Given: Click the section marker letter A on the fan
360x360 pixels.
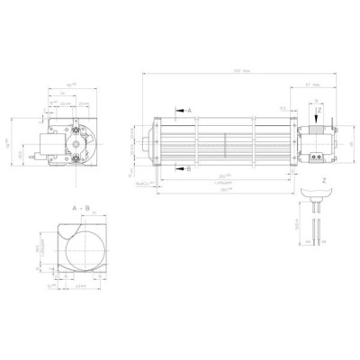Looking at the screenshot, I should coord(189,110).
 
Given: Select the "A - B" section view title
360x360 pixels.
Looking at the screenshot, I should coord(80,207).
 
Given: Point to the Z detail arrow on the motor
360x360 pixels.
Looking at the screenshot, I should coord(319,112).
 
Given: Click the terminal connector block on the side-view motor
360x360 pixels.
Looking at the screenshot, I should coord(318,155).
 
